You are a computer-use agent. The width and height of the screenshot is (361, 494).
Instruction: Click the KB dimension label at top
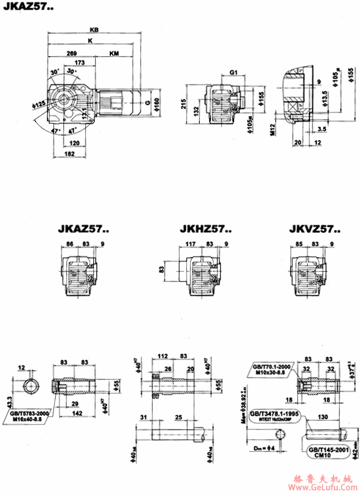point(93,29)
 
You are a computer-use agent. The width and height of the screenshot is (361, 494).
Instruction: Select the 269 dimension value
point(71,54)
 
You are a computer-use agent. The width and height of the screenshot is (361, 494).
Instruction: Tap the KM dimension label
point(114,54)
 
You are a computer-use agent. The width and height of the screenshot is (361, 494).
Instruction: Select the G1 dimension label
point(234,72)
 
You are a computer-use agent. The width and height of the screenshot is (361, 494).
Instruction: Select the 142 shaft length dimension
point(75,414)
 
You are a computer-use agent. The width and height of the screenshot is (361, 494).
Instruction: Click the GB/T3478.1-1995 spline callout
point(273,414)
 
